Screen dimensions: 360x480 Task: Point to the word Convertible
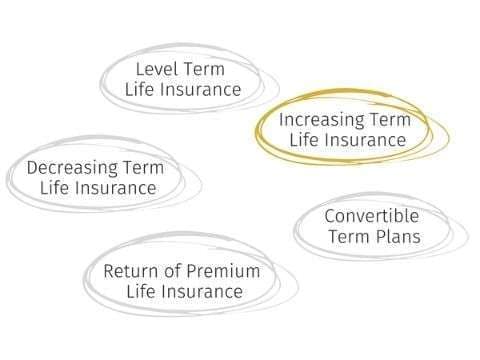(x=371, y=216)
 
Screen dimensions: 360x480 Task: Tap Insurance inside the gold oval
(x=364, y=141)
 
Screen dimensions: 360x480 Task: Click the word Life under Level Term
(x=139, y=89)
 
